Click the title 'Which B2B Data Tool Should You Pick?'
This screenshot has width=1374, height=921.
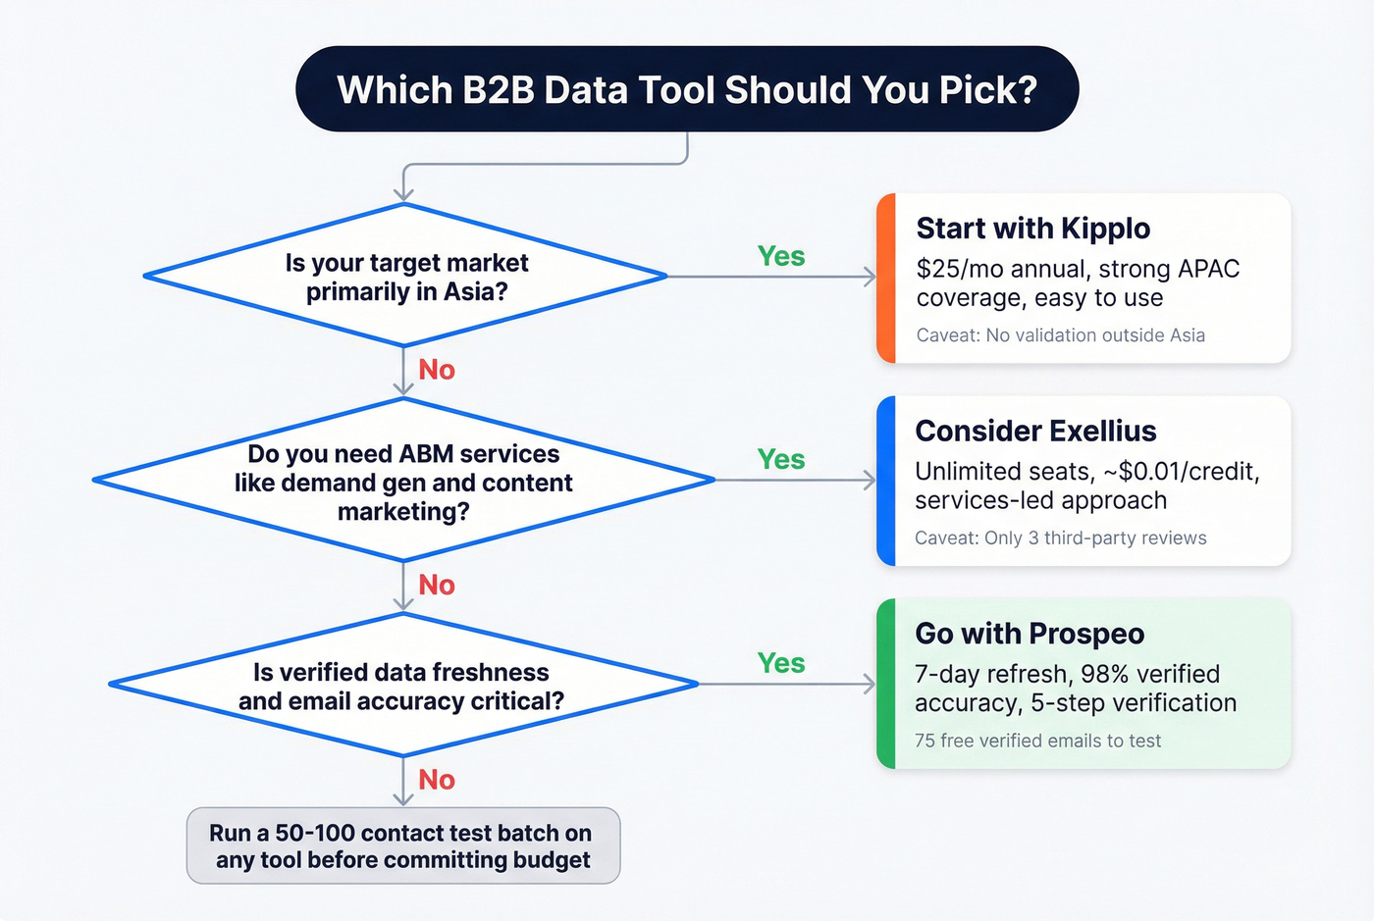687,89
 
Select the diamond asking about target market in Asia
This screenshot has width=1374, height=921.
405,277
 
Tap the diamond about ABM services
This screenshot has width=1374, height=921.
403,482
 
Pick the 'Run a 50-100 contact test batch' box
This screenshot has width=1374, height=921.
402,845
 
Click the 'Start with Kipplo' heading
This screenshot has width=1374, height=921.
1032,229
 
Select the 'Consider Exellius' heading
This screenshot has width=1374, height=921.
1035,432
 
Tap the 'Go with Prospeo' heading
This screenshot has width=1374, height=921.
1030,635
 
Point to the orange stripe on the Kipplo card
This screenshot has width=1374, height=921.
886,279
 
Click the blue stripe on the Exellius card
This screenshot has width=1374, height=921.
886,482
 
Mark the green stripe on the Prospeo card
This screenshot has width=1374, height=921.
886,684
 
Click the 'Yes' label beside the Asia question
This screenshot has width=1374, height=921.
781,257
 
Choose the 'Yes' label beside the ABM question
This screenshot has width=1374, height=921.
781,460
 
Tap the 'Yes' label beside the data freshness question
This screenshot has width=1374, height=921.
781,664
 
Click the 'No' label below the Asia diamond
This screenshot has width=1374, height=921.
437,370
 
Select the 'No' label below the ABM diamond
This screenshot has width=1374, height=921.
437,586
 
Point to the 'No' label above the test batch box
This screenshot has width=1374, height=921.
437,780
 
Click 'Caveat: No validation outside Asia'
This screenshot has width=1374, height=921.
1060,335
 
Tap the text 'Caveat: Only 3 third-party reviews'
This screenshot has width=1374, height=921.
1060,538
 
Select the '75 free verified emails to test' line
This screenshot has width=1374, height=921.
1037,742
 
